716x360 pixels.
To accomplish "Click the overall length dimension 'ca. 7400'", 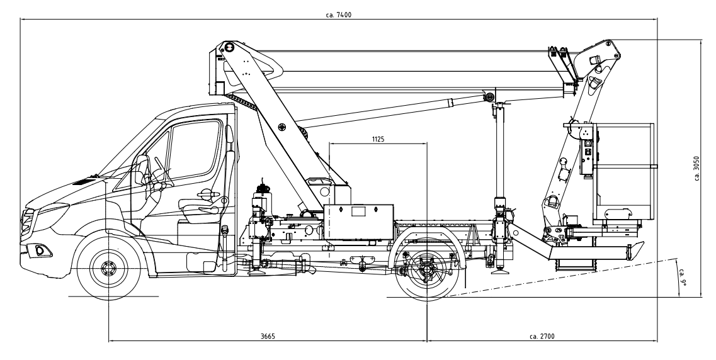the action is click(x=338, y=14).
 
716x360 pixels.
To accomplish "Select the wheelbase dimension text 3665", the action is click(x=268, y=336).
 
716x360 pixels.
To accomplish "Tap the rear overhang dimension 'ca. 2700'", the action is click(x=542, y=336).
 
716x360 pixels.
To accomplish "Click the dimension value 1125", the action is click(x=378, y=138).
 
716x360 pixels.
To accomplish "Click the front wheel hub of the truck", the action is click(x=109, y=267).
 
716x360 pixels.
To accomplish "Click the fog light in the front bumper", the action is click(x=40, y=250).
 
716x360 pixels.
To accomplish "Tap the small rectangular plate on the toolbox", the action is click(x=358, y=211).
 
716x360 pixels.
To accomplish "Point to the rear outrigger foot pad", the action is click(x=498, y=273).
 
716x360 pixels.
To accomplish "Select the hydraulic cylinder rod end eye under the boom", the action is click(x=489, y=97).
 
